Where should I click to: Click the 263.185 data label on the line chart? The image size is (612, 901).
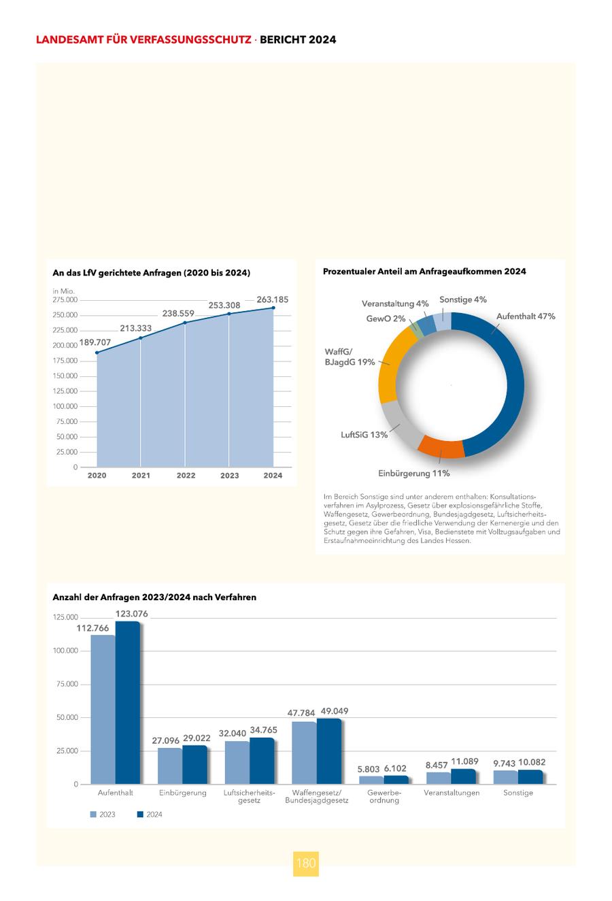273,299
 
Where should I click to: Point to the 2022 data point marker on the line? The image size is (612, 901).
185,323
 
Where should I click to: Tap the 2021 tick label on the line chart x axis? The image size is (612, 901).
141,476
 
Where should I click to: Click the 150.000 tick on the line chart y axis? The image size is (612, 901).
66,376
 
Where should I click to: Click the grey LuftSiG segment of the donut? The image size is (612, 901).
401,425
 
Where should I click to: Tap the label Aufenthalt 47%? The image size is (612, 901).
525,316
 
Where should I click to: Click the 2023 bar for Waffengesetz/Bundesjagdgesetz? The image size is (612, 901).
304,753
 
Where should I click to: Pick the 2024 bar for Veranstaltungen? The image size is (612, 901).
463,776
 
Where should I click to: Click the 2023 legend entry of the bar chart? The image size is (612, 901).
103,815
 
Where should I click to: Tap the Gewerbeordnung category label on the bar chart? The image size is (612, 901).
384,796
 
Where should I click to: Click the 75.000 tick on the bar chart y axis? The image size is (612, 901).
66,684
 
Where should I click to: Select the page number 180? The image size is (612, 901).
306,863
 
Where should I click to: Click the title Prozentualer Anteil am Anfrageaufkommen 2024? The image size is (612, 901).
424,272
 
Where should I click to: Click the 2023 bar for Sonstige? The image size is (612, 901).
505,777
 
